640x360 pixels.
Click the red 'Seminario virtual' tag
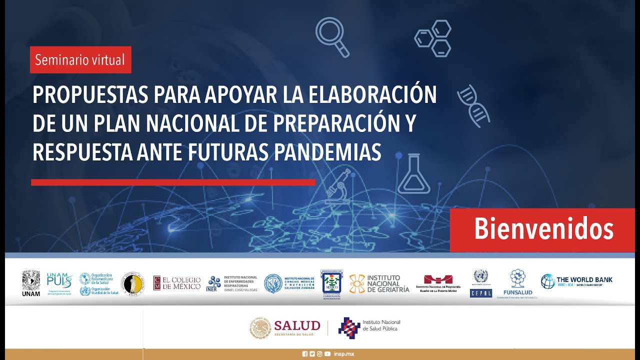tap(80, 60)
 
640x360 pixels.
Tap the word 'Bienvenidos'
tap(543, 229)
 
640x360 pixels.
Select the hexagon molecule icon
tap(433, 38)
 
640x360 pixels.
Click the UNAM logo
tap(31, 283)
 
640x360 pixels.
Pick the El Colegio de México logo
tap(177, 283)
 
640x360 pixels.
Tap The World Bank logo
tap(576, 281)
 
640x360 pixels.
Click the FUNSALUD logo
tap(518, 283)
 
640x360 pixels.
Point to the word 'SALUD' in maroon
tap(296, 326)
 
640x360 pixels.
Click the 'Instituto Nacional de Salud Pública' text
tap(381, 325)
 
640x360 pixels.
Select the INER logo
tap(214, 283)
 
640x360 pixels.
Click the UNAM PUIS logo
tap(59, 283)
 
